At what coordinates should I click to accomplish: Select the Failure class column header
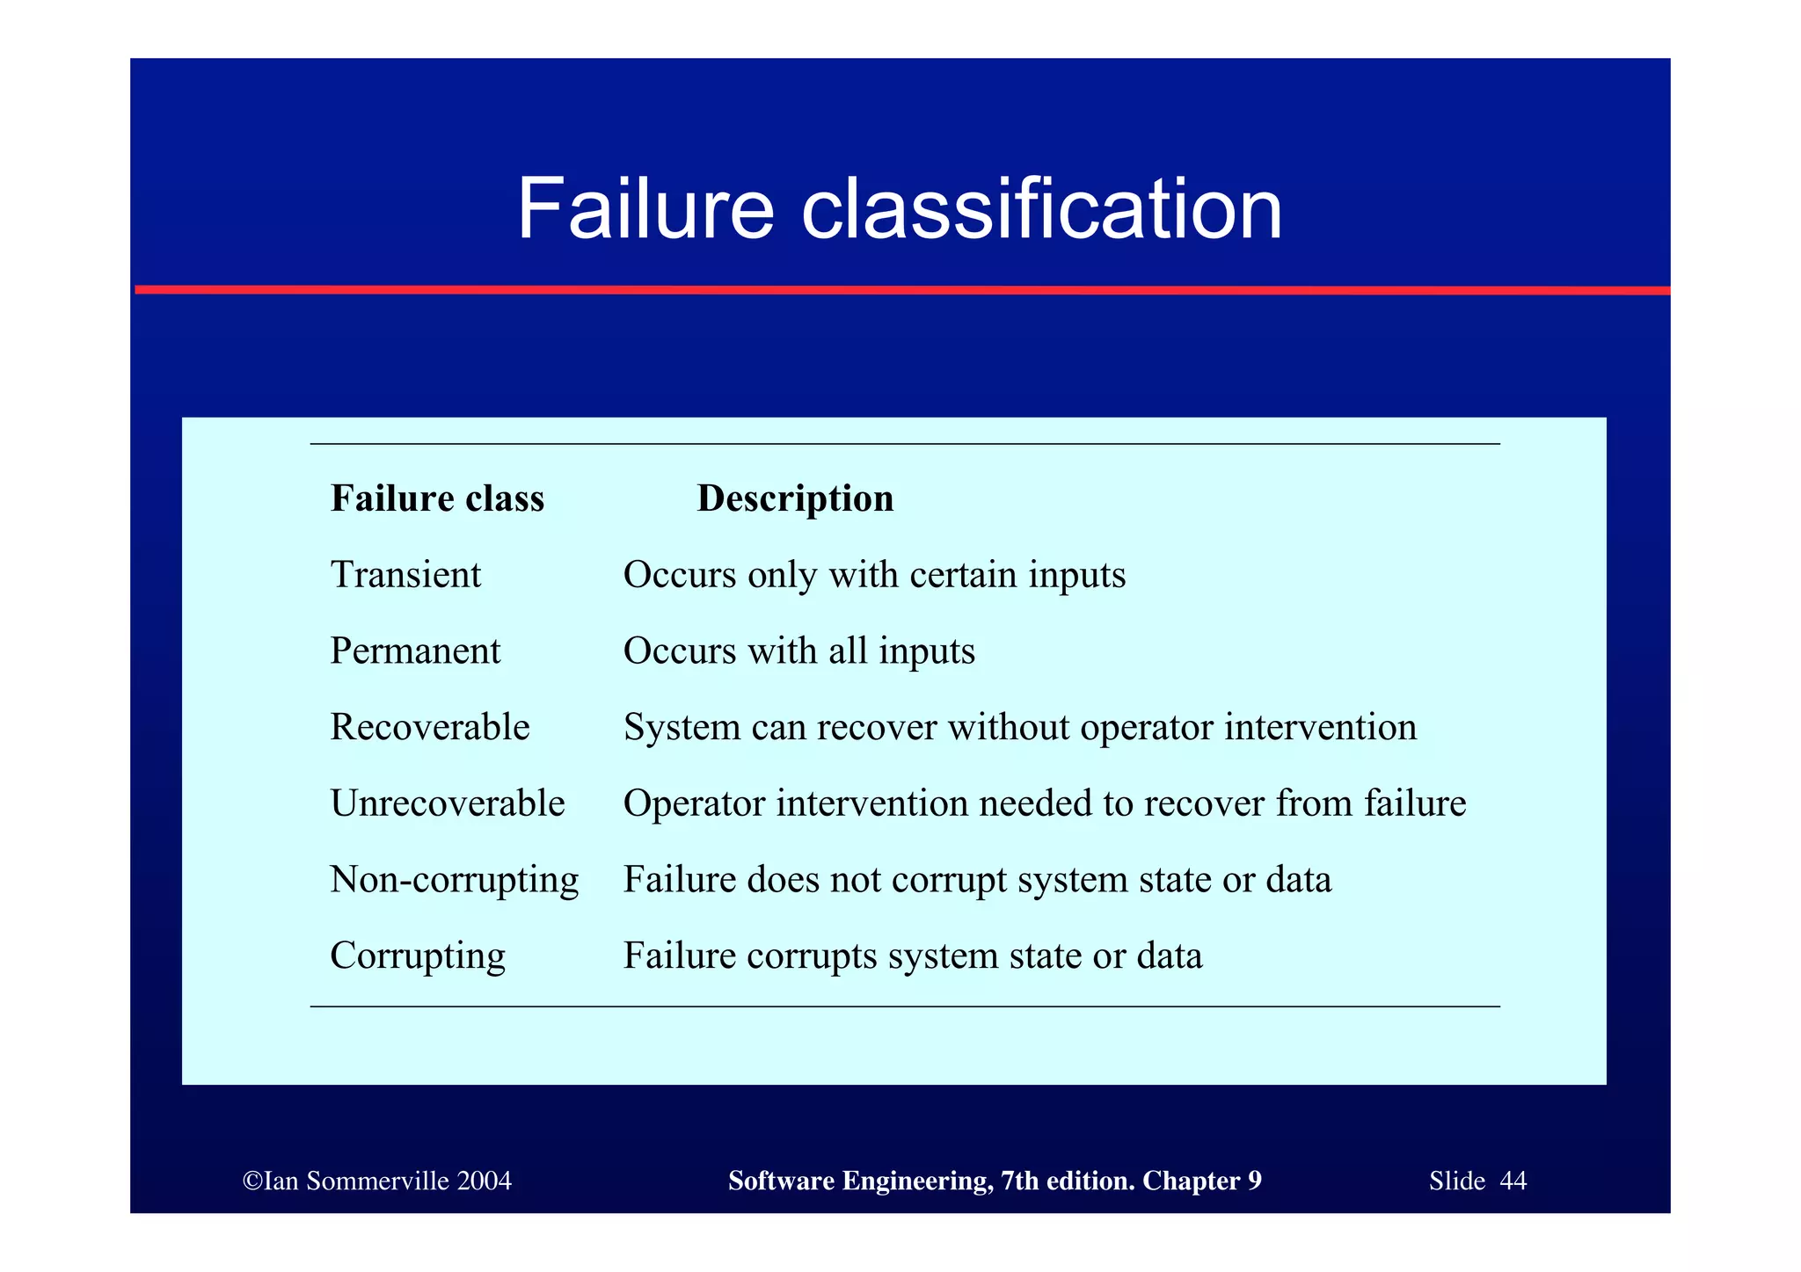click(437, 498)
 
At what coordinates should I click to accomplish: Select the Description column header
click(795, 498)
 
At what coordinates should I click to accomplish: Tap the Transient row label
click(405, 575)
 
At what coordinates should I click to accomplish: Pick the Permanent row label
click(415, 651)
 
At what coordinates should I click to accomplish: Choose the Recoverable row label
click(430, 727)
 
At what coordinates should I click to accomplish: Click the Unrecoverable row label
click(447, 803)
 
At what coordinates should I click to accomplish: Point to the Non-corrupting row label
click(454, 880)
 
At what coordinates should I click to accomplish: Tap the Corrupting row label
click(418, 956)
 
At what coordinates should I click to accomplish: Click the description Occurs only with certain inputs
click(874, 575)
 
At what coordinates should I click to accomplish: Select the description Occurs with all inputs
click(798, 651)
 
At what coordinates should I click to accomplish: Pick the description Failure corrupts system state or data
click(912, 956)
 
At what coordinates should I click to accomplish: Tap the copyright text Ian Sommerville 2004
click(377, 1181)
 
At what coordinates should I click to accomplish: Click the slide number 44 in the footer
click(1513, 1181)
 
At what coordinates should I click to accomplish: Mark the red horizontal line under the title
click(901, 290)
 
